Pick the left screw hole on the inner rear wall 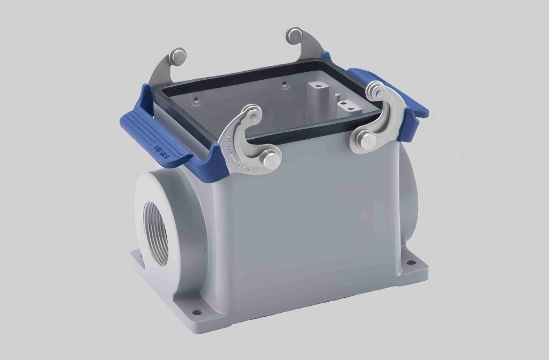[x=197, y=99]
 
